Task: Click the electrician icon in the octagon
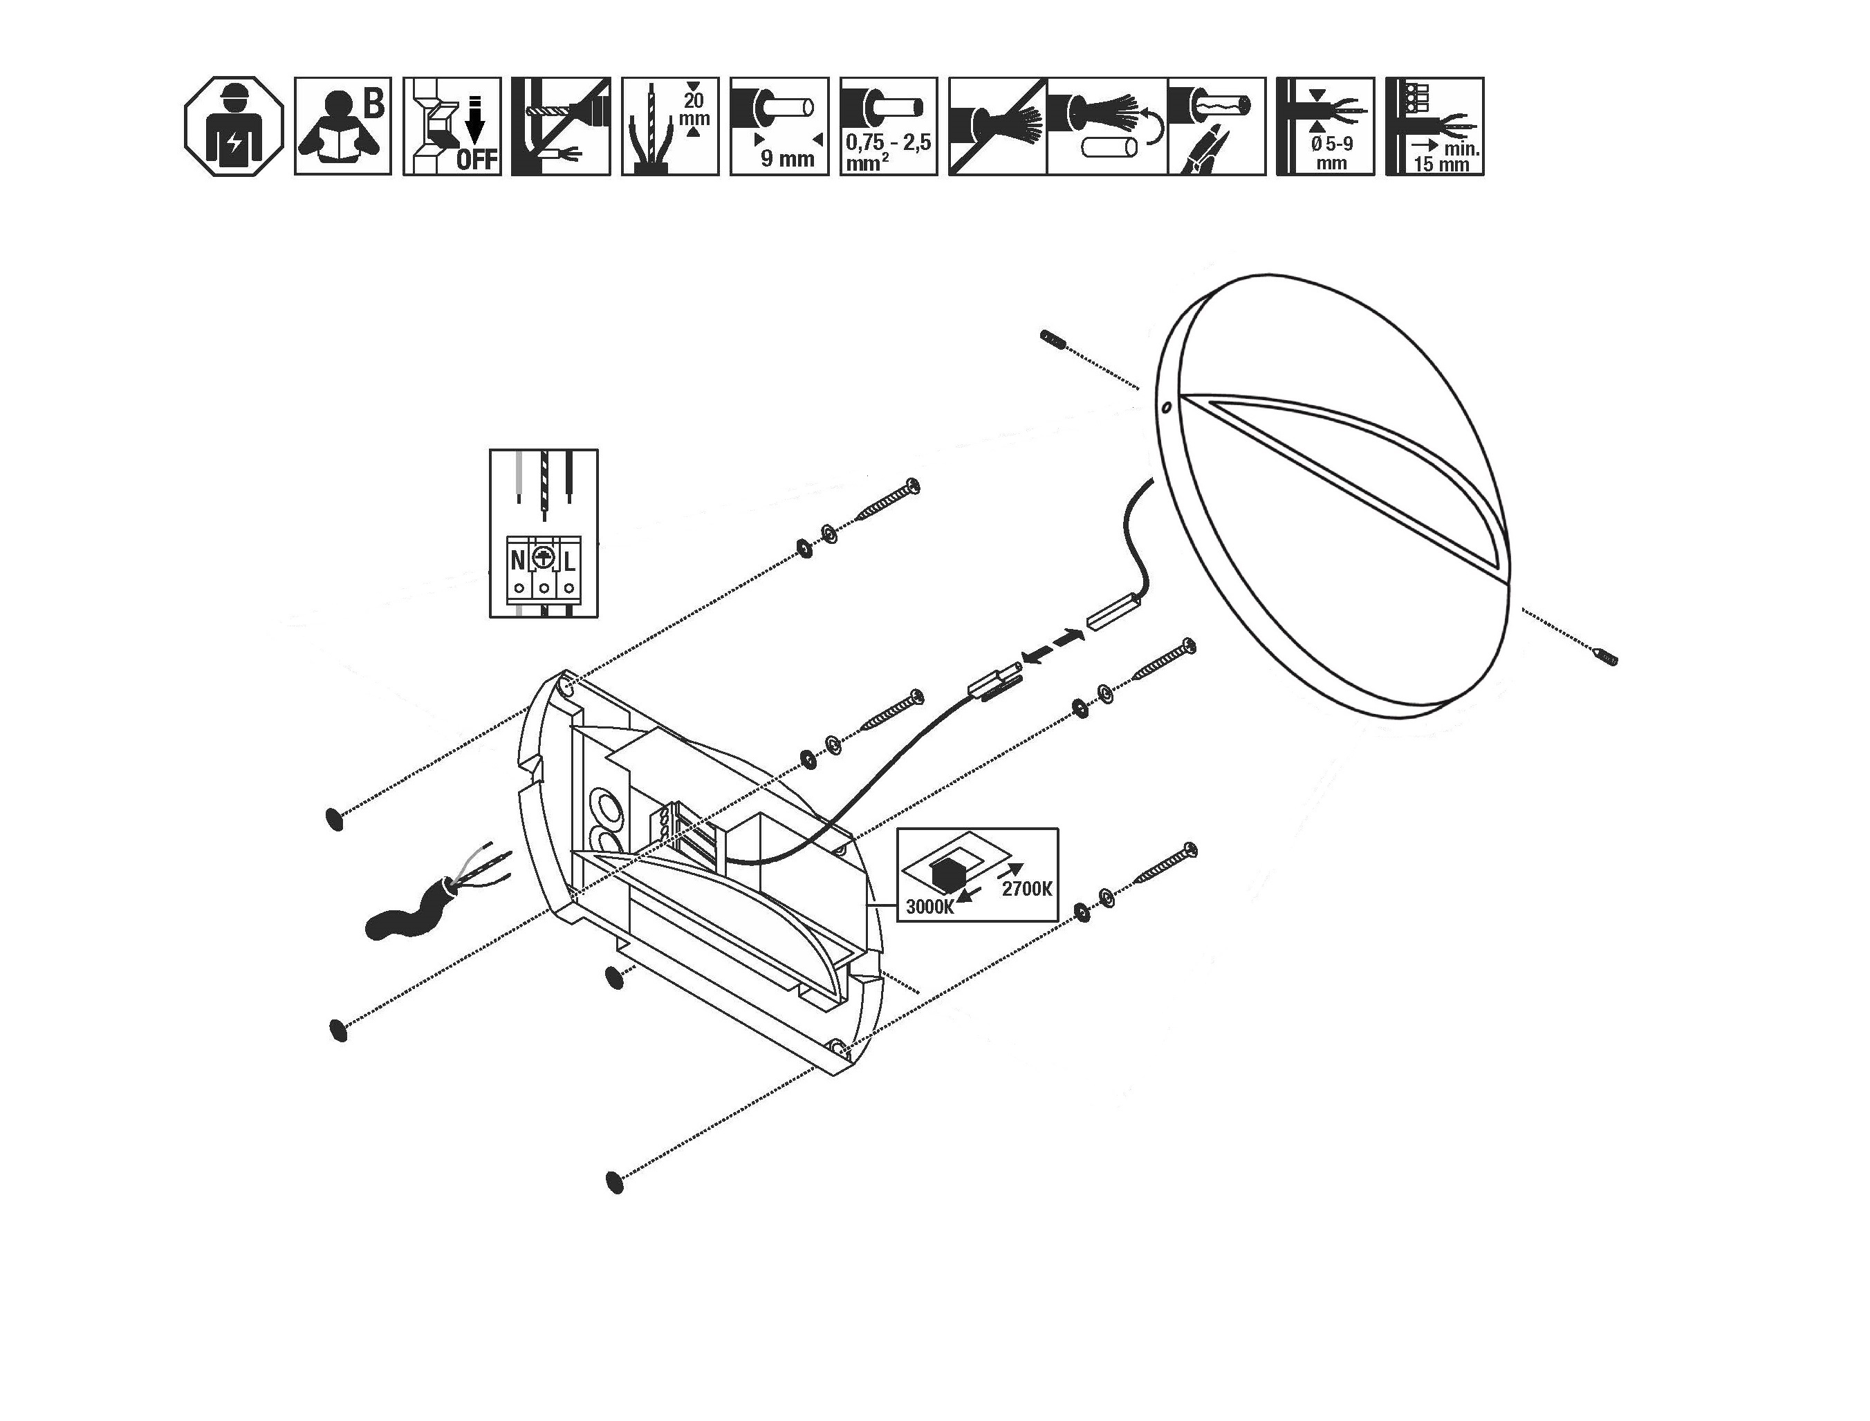[234, 127]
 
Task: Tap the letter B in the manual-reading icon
[373, 104]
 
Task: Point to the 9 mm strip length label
[787, 158]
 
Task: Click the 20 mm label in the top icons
[694, 110]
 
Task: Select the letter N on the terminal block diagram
[518, 560]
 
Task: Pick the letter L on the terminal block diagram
[569, 560]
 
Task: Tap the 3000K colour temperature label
[929, 907]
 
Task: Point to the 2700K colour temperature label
[1026, 888]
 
